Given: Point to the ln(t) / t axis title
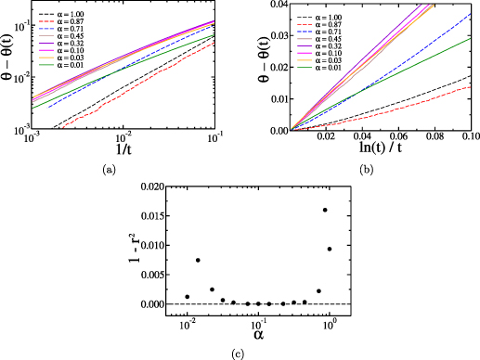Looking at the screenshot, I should [x=380, y=149].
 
